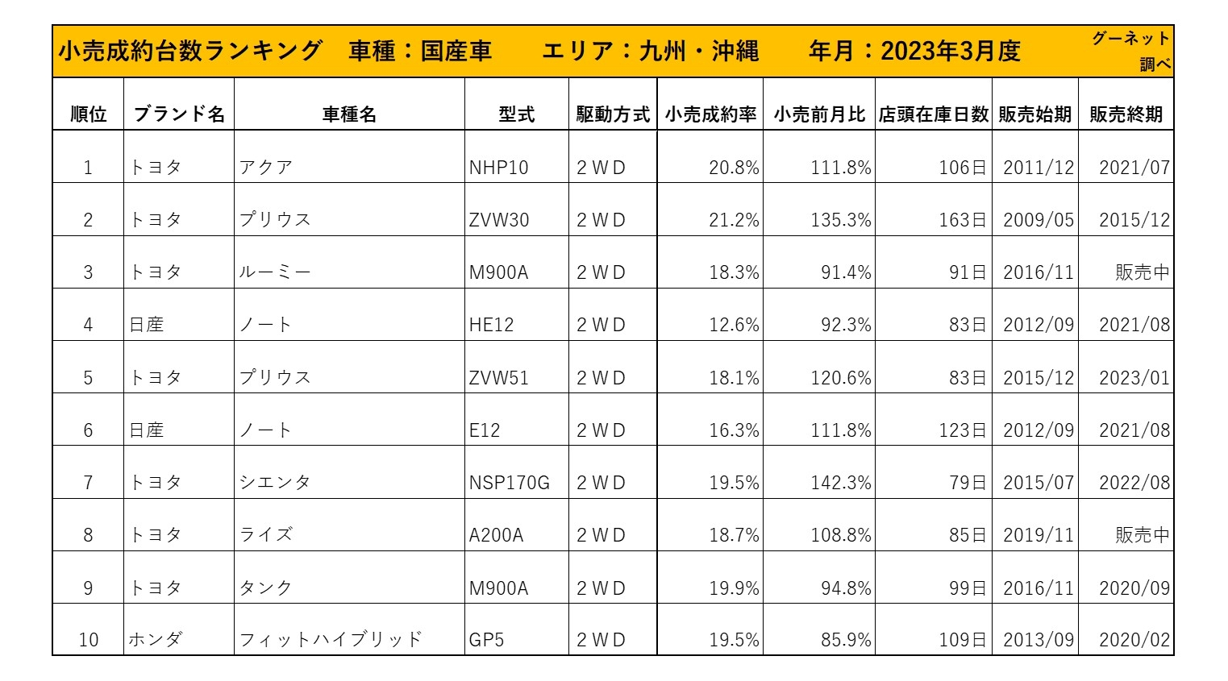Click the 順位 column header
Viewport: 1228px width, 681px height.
(x=88, y=114)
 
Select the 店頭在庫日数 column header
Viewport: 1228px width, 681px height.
(x=933, y=114)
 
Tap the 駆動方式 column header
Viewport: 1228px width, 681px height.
(x=613, y=114)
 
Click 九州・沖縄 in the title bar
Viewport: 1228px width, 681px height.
(x=698, y=52)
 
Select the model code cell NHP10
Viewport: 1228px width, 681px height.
(x=499, y=168)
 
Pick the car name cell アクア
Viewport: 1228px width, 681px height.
(x=266, y=168)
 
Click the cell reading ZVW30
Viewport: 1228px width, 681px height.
(x=499, y=220)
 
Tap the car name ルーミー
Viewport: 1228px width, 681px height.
(x=275, y=272)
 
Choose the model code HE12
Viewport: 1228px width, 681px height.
(x=491, y=325)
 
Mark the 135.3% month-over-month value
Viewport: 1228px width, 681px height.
(x=841, y=220)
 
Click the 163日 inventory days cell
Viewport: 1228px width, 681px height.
(x=962, y=220)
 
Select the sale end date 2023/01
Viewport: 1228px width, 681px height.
(x=1134, y=378)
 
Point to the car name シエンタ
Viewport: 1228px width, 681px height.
(x=275, y=483)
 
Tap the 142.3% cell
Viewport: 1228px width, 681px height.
(x=841, y=483)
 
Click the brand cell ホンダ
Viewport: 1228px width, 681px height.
(x=156, y=640)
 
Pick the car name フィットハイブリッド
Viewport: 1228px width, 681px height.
(x=331, y=640)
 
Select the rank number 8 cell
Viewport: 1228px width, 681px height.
(x=88, y=535)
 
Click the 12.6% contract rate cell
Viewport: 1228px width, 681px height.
(x=734, y=325)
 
